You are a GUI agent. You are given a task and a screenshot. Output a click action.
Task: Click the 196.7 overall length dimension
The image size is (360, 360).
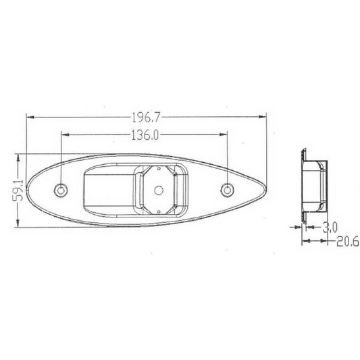pyautogui.click(x=146, y=118)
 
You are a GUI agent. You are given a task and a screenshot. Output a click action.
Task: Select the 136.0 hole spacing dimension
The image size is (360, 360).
pyautogui.click(x=145, y=135)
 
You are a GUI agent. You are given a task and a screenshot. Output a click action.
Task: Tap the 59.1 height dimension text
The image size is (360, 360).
pyautogui.click(x=18, y=190)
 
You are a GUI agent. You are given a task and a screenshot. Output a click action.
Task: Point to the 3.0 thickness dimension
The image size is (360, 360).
pyautogui.click(x=330, y=228)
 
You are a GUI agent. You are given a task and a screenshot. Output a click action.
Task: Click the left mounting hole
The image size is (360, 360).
pyautogui.click(x=61, y=190)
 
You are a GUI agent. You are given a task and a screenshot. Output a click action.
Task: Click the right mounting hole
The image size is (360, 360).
pyautogui.click(x=228, y=190)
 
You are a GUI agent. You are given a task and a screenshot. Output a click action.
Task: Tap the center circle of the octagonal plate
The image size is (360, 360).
pyautogui.click(x=159, y=190)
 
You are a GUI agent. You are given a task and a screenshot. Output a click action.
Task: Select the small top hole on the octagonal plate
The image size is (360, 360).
pyautogui.click(x=159, y=168)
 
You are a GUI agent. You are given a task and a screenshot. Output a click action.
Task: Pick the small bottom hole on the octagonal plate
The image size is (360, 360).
pyautogui.click(x=159, y=211)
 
